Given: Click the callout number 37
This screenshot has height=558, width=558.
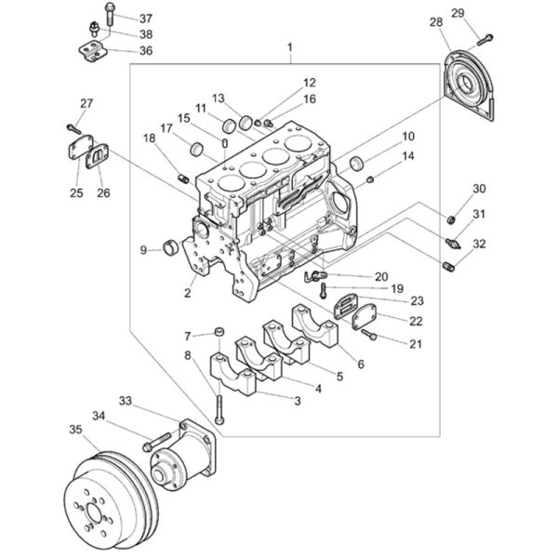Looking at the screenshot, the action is point(146,19).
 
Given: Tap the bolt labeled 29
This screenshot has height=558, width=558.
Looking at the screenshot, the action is point(485,39).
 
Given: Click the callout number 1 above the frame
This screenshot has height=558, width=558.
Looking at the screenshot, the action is point(290,47).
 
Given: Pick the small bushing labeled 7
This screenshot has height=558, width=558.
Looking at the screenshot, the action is point(219,332).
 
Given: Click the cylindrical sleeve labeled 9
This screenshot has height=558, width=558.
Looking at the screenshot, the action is point(170,247).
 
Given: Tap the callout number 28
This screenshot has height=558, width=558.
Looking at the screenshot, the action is point(436,22).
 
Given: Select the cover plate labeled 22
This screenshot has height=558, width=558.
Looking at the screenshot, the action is point(364,315).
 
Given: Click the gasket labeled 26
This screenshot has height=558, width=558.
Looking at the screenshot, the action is point(97,156).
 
